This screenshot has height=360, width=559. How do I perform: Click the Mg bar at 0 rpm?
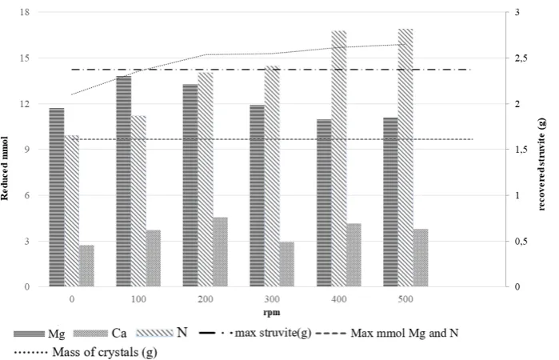(57, 197)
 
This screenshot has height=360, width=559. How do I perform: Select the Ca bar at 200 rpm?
(220, 252)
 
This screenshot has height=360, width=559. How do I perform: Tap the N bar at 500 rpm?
(405, 158)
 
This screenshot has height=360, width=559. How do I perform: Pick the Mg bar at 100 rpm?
(124, 182)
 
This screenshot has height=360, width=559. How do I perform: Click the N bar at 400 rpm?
(339, 158)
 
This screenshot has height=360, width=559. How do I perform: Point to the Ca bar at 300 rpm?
(287, 264)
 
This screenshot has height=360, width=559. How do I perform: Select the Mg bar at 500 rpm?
(391, 202)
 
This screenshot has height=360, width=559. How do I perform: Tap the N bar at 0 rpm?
(72, 211)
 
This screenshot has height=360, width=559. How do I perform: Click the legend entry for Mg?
(39, 334)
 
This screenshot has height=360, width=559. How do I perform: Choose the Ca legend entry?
(100, 334)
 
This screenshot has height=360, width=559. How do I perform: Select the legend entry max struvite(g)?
(256, 334)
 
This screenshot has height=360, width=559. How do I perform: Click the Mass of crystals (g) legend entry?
(86, 353)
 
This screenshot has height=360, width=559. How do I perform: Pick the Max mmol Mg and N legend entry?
(388, 334)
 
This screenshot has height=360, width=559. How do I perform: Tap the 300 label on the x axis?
(272, 299)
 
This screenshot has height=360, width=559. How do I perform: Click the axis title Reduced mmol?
(5, 168)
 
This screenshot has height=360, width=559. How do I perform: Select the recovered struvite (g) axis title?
(542, 165)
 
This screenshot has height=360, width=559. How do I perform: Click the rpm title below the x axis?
(272, 313)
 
